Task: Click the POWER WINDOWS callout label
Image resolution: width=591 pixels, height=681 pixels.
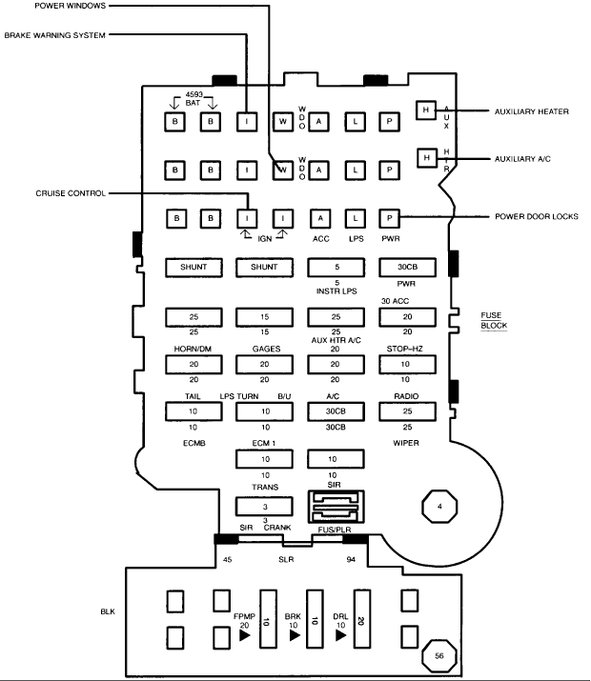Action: pyautogui.click(x=70, y=6)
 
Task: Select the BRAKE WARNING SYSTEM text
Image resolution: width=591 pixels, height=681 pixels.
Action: pyautogui.click(x=55, y=35)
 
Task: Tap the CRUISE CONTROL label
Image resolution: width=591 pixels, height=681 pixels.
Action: pyautogui.click(x=71, y=193)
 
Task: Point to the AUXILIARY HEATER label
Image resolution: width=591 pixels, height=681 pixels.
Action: pyautogui.click(x=532, y=111)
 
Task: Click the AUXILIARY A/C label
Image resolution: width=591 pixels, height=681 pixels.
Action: pyautogui.click(x=522, y=159)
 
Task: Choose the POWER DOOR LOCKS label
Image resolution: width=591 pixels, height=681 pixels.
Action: pyautogui.click(x=537, y=216)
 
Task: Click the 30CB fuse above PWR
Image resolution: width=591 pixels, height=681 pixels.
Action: pyautogui.click(x=408, y=267)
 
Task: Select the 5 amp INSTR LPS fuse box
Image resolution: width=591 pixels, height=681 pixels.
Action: pyautogui.click(x=336, y=267)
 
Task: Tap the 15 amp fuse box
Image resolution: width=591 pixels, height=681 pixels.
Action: pyautogui.click(x=264, y=317)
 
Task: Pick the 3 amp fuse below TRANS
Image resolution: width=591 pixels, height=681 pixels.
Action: pyautogui.click(x=264, y=507)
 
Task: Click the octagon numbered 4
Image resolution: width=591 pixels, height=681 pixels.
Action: pyautogui.click(x=439, y=507)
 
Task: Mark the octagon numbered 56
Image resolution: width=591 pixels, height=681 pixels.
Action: pyautogui.click(x=439, y=656)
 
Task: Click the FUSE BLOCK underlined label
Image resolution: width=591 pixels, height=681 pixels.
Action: pyautogui.click(x=494, y=321)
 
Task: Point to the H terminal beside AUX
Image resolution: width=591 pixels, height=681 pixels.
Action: pyautogui.click(x=426, y=110)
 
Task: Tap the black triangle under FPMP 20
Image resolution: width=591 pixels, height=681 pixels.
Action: pyautogui.click(x=245, y=635)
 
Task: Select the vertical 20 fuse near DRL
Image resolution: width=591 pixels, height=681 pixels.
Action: pyautogui.click(x=362, y=619)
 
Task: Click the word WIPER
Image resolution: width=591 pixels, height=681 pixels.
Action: pyautogui.click(x=406, y=443)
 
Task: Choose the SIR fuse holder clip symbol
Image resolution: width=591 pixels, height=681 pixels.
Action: pyautogui.click(x=336, y=507)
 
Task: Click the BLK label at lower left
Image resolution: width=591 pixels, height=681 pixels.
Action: pyautogui.click(x=108, y=611)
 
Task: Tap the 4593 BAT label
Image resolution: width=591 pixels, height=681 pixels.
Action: pyautogui.click(x=194, y=99)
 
